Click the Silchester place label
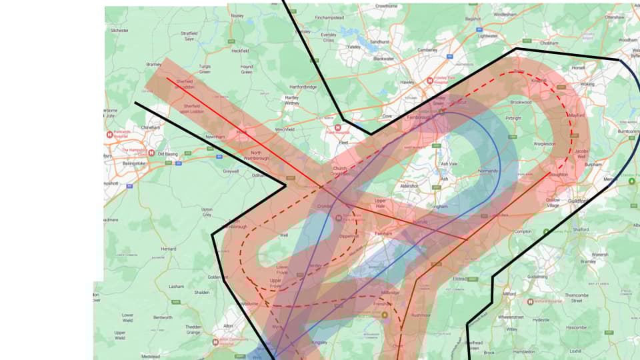point(119,31)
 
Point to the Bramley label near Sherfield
point(153,65)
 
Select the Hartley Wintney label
point(292,99)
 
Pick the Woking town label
point(587,85)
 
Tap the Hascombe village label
point(579,327)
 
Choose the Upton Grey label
point(207,212)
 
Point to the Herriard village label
point(168,249)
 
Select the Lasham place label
point(176,286)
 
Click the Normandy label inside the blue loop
point(488,171)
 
